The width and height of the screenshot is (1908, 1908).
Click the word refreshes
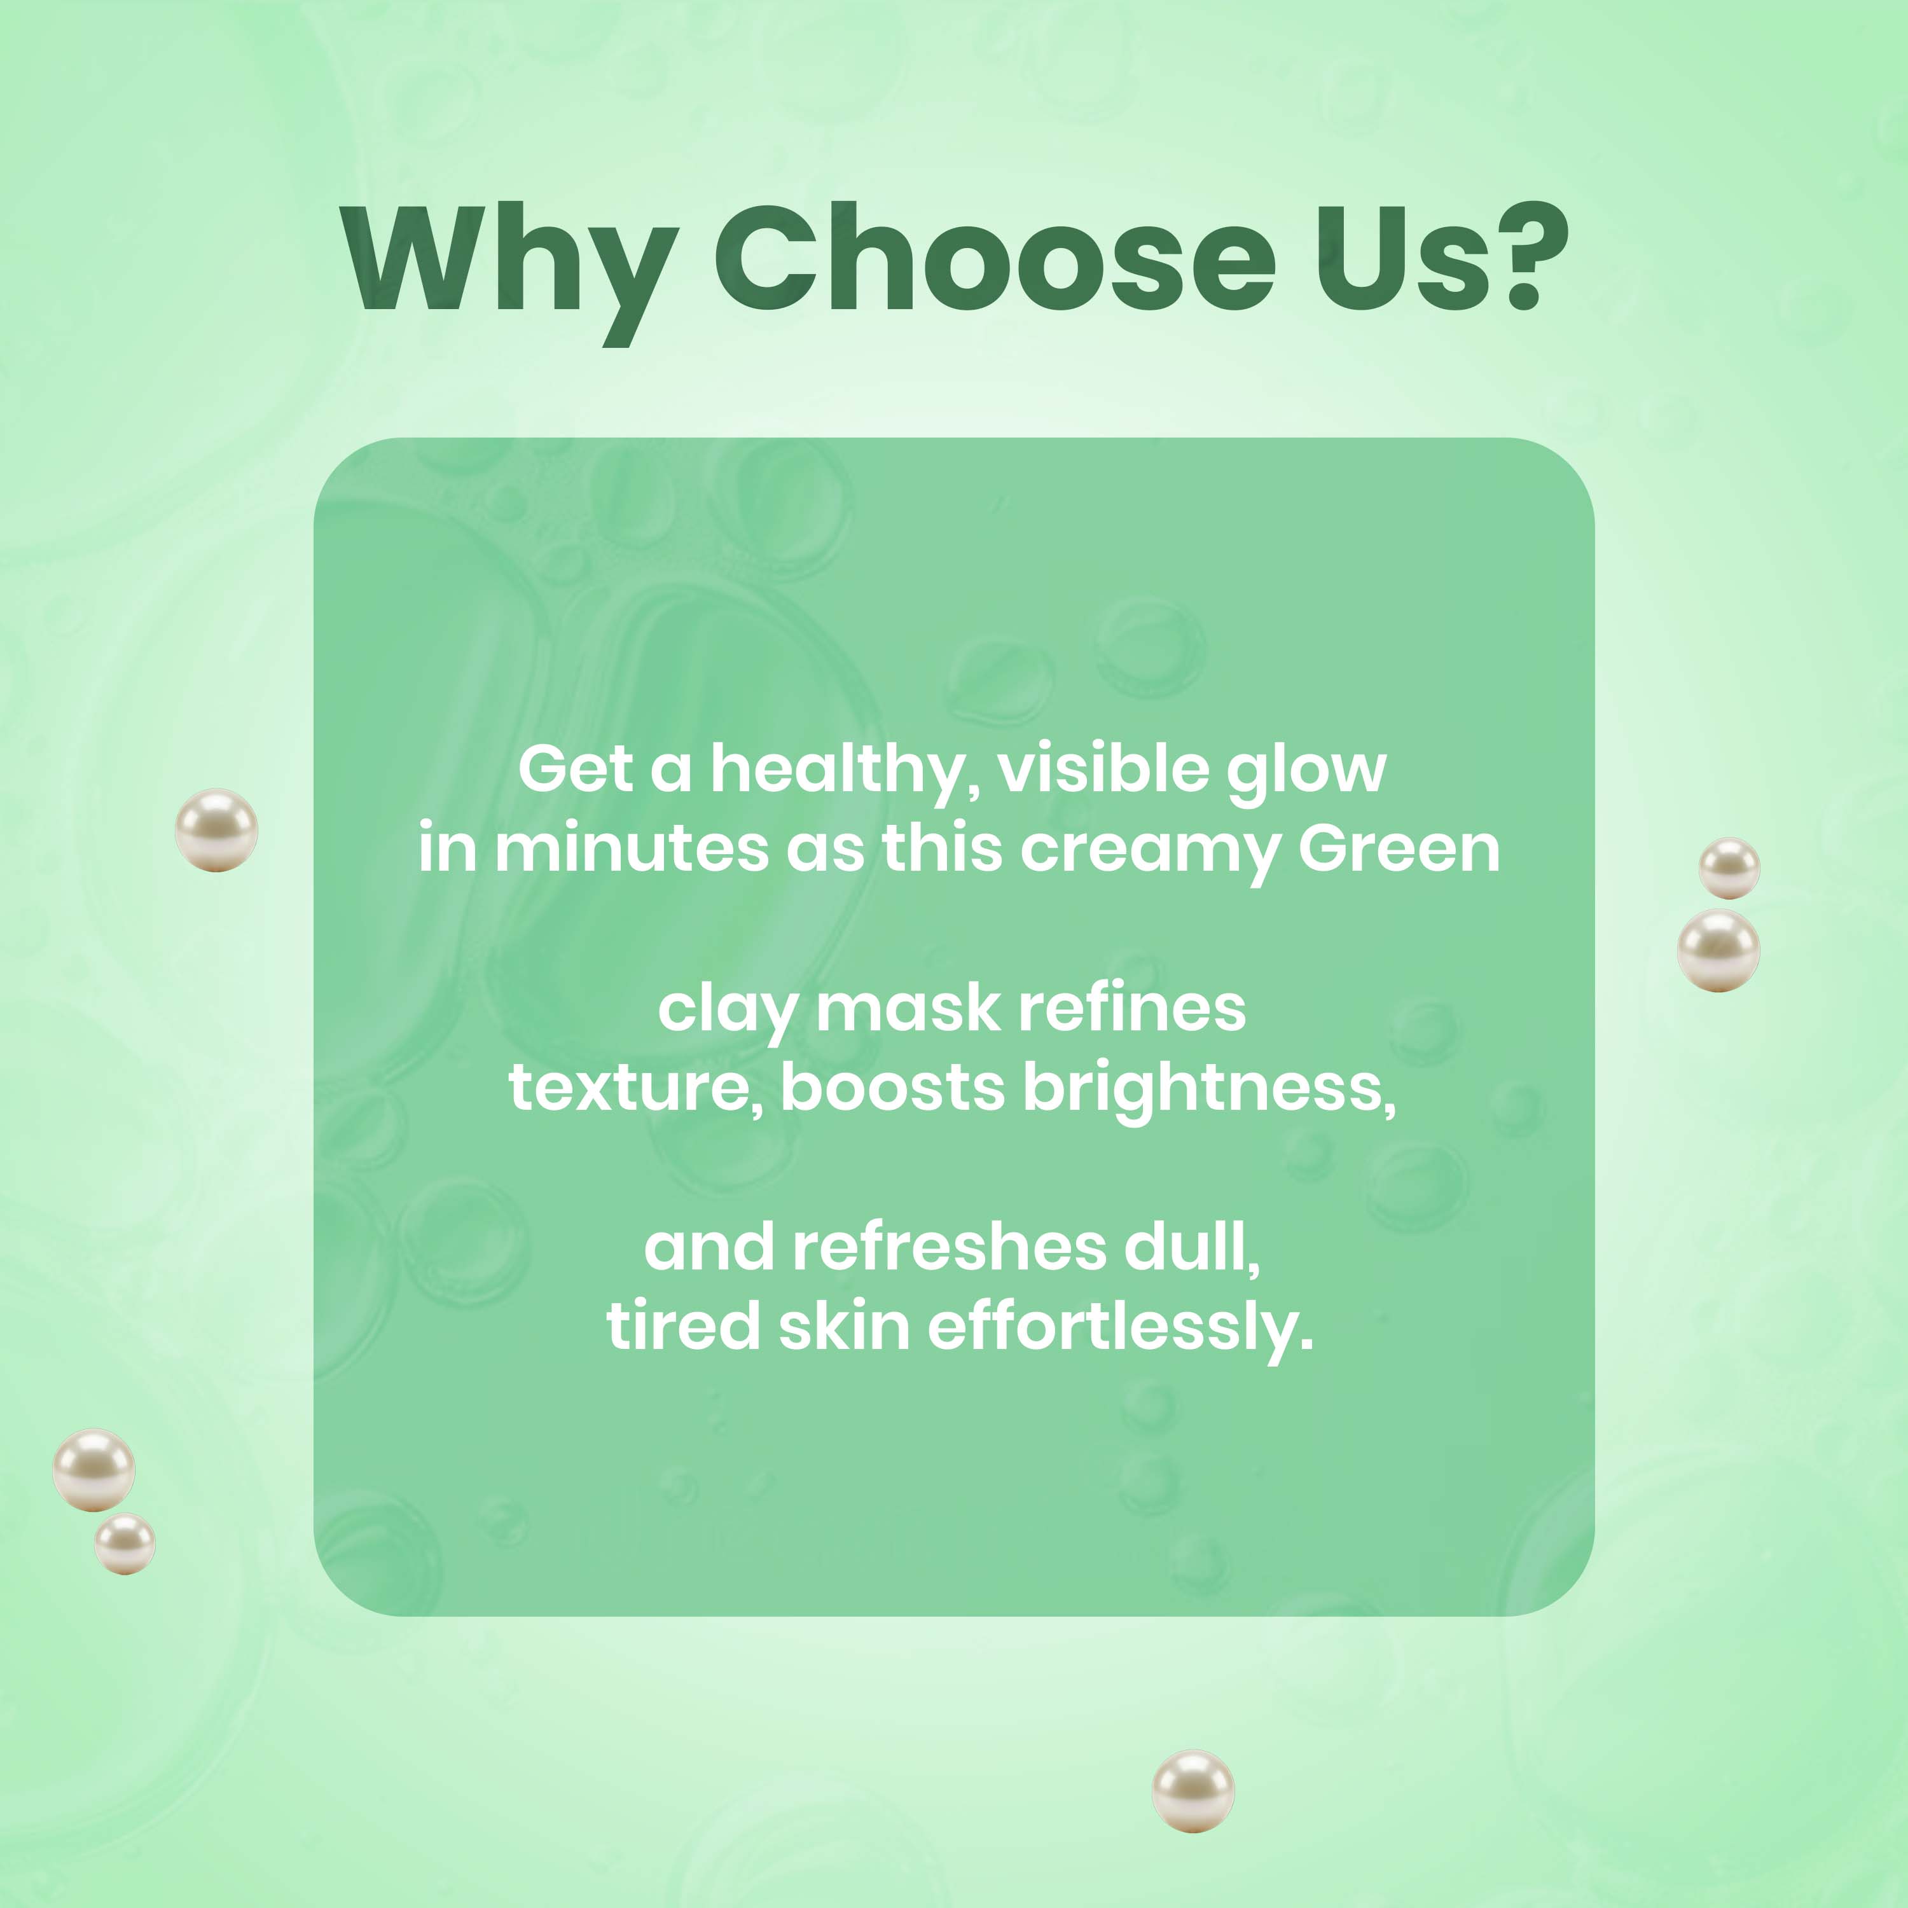pyautogui.click(x=948, y=1247)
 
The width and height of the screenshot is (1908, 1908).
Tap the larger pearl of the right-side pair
pyautogui.click(x=1718, y=950)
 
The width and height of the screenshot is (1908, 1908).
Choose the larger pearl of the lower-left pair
pyautogui.click(x=94, y=1470)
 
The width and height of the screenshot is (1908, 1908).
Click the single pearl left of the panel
pyautogui.click(x=216, y=829)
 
